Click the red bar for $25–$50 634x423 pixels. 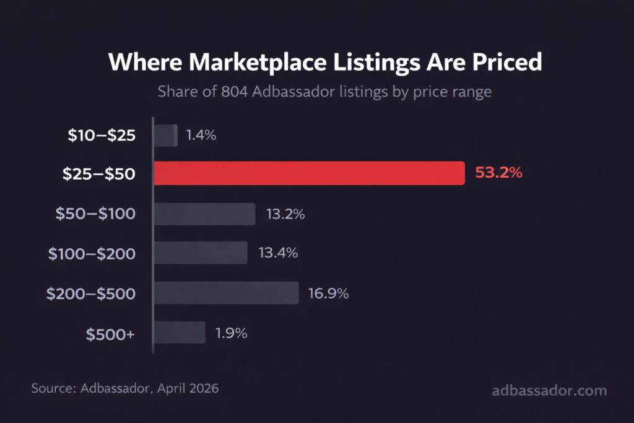click(309, 173)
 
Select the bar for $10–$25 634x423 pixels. click(165, 136)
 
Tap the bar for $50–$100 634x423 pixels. click(204, 214)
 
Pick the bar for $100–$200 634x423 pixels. click(201, 253)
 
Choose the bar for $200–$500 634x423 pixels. click(226, 293)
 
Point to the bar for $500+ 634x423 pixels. click(180, 333)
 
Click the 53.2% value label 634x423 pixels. click(498, 173)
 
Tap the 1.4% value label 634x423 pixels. click(201, 136)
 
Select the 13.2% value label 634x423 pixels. click(285, 214)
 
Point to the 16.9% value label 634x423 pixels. click(329, 293)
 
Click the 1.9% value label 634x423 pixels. click(232, 333)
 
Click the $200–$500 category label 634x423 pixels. click(91, 293)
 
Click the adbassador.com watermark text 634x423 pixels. click(549, 391)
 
